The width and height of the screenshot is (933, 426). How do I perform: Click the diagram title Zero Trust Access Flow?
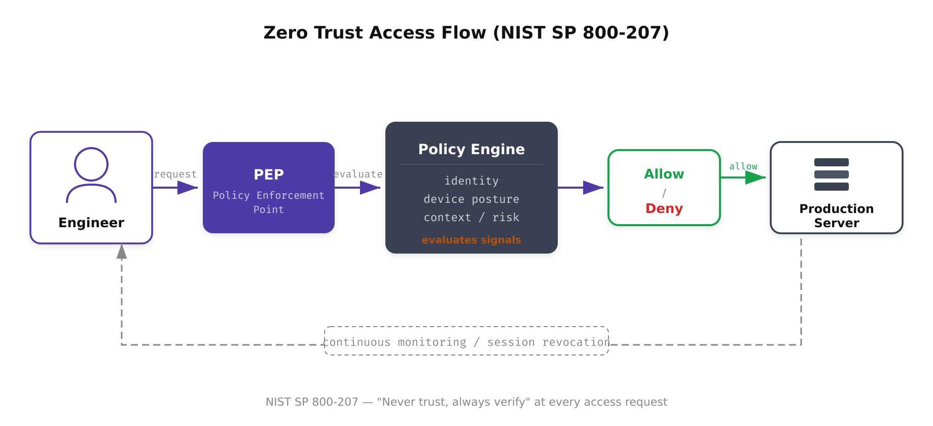466,32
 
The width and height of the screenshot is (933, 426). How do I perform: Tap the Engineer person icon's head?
91,164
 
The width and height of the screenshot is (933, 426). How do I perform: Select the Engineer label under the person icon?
91,223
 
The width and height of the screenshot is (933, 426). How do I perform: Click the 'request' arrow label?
175,174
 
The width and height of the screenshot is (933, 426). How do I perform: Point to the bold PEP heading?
269,174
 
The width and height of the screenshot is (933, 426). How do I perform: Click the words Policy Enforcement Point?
269,202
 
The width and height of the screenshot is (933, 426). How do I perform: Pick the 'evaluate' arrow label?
358,174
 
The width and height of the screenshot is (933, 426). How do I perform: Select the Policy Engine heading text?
472,149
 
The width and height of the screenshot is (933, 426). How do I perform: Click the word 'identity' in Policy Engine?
472,181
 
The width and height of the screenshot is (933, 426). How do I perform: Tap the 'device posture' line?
472,199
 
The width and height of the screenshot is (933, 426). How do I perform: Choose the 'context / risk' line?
472,218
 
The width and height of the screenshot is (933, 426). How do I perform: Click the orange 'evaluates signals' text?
472,240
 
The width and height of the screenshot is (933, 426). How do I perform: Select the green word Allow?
664,174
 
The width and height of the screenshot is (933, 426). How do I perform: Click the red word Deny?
664,208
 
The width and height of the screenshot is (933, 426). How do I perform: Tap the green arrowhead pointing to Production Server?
755,177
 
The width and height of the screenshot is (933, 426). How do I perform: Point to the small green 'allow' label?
743,166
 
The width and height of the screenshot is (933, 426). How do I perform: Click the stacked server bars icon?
832,174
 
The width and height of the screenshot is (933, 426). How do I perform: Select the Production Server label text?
837,216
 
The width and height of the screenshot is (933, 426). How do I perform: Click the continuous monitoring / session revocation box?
467,341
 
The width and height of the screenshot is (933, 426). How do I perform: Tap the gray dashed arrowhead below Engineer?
122,252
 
